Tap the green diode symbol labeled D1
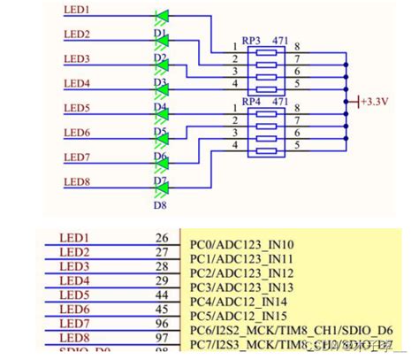click(x=162, y=16)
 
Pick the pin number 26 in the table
click(x=161, y=238)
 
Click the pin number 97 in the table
click(x=161, y=337)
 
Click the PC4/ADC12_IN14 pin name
click(x=239, y=301)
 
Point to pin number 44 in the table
click(x=161, y=295)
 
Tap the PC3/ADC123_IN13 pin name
click(x=242, y=287)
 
